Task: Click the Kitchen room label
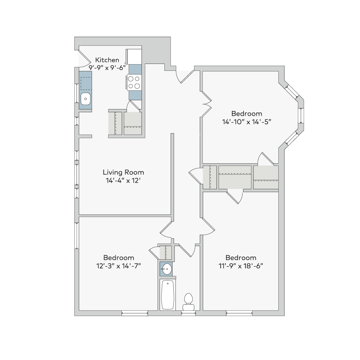107,60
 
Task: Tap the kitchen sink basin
85,99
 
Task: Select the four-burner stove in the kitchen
134,82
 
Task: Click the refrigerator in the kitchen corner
134,57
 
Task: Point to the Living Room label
123,172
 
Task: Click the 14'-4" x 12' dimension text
123,181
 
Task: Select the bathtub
168,295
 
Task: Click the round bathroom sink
166,269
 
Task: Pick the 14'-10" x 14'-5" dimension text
247,122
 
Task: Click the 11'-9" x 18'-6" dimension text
241,266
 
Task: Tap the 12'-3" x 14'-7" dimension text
118,266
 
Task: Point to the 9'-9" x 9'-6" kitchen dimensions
107,67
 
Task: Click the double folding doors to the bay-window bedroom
206,104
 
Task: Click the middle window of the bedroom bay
301,115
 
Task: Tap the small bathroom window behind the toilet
188,313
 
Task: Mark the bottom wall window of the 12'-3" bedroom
134,313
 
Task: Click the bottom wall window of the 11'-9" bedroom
239,313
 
